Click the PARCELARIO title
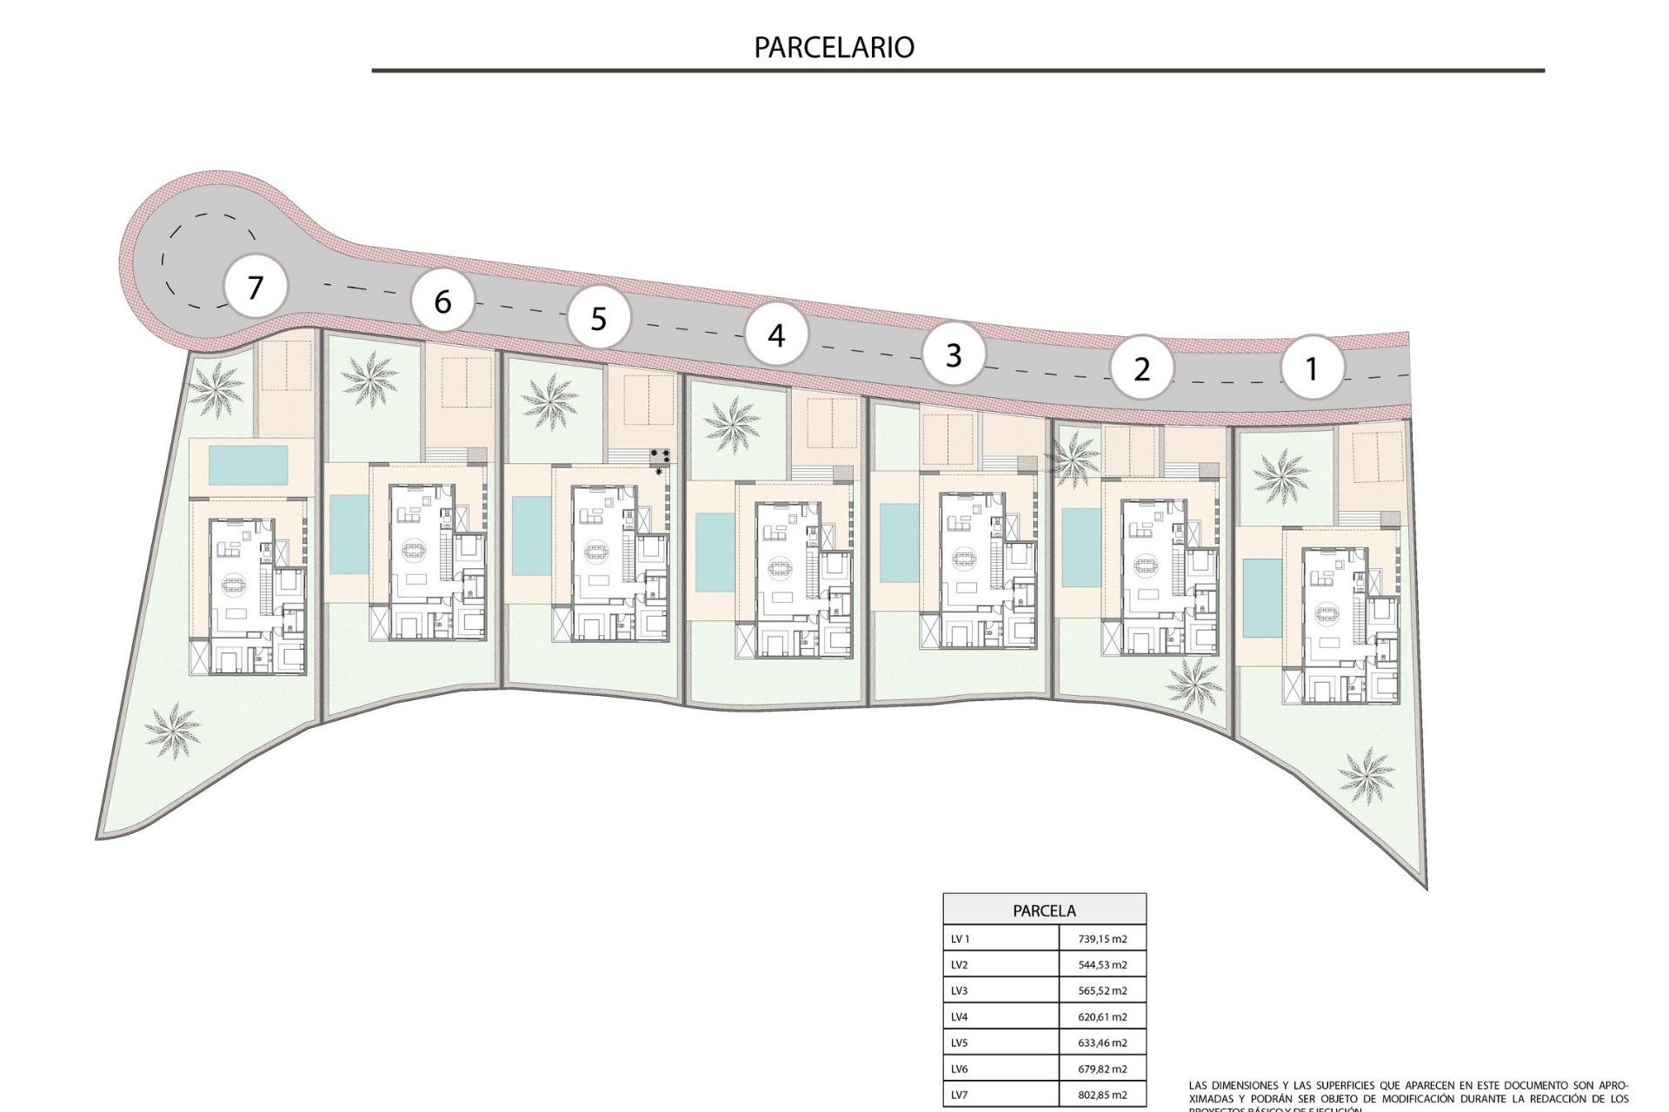(834, 47)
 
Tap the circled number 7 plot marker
(255, 287)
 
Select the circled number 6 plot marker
(442, 301)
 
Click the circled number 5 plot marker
(598, 319)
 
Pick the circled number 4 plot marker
(776, 335)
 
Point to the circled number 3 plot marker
(954, 355)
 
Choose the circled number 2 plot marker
(1141, 369)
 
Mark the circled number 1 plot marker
(1312, 369)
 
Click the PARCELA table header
(1044, 910)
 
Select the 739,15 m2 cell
(1102, 939)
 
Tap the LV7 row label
(960, 1095)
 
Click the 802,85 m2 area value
(1102, 1095)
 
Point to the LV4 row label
(960, 1016)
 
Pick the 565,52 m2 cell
(1102, 990)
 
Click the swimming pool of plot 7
(249, 466)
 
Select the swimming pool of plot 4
(715, 553)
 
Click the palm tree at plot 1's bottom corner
(1366, 775)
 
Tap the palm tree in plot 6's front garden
(369, 380)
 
